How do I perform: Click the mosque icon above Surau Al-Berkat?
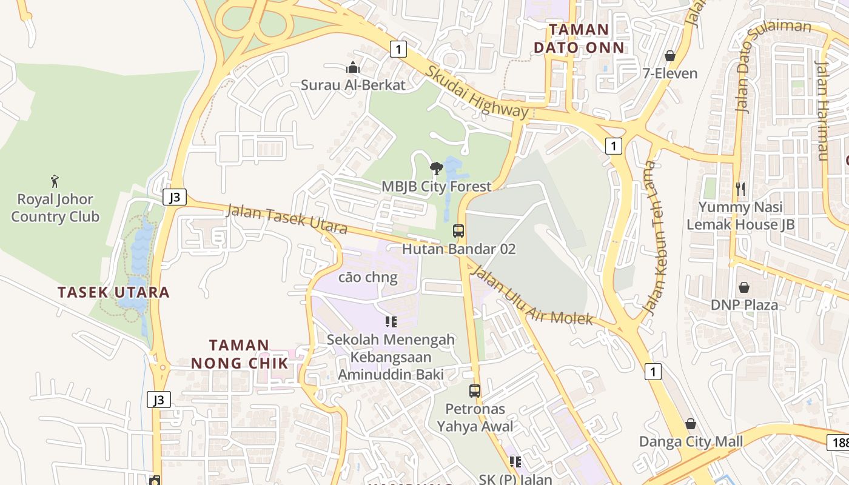(x=352, y=67)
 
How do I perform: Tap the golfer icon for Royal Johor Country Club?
(x=55, y=181)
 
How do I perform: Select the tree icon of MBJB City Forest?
(x=435, y=168)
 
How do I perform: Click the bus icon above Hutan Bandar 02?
(x=458, y=231)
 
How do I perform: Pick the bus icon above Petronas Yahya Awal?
(x=475, y=391)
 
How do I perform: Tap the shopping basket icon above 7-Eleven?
(x=670, y=56)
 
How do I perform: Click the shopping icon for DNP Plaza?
(x=744, y=287)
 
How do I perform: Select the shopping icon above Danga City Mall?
(x=690, y=424)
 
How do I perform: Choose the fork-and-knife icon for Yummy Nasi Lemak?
(x=740, y=189)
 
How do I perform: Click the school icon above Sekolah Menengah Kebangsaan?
(x=391, y=321)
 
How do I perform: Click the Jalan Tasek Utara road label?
(x=286, y=219)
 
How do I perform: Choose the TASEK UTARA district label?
(x=113, y=292)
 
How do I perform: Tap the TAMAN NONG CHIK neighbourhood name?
(x=239, y=354)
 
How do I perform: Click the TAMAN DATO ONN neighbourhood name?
(x=579, y=38)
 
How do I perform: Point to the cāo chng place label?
(x=367, y=278)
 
